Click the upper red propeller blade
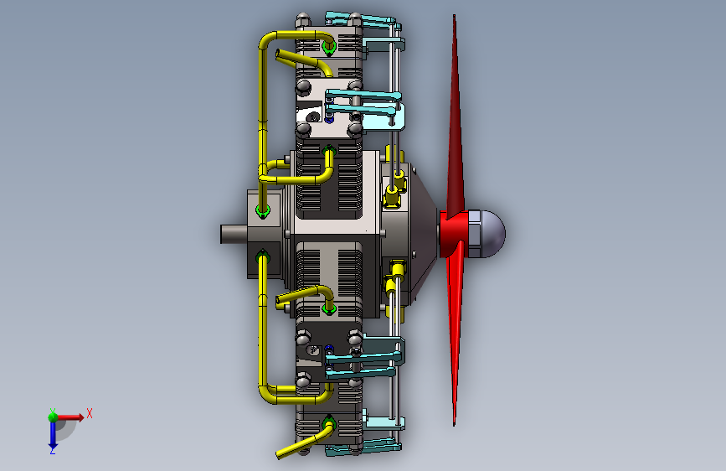coord(456,116)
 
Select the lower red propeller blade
coord(456,334)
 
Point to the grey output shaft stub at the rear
coord(234,234)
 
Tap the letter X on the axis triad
coord(90,413)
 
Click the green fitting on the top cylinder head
coord(329,47)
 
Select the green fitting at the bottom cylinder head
coord(329,423)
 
